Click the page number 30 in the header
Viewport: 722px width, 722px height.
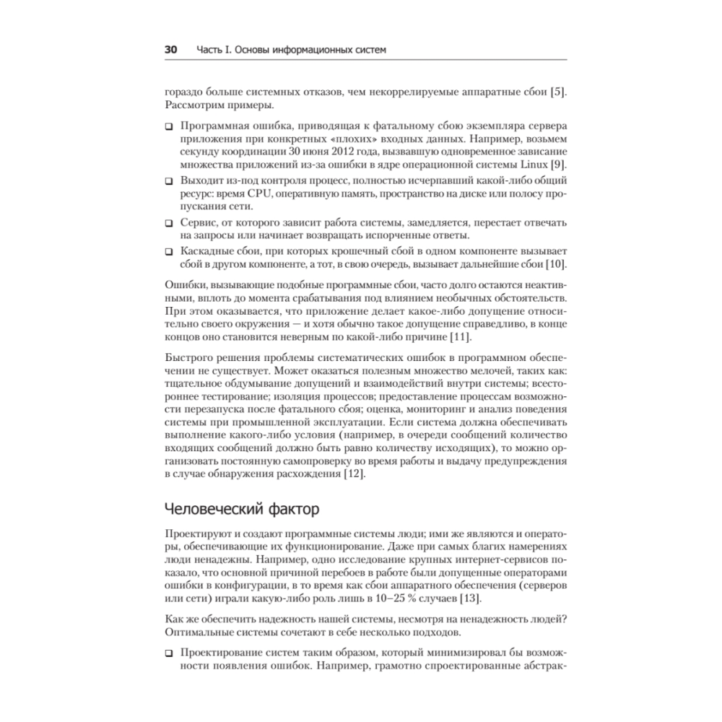click(170, 50)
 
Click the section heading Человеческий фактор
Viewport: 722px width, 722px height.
click(241, 510)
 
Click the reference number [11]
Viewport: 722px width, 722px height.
click(460, 339)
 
